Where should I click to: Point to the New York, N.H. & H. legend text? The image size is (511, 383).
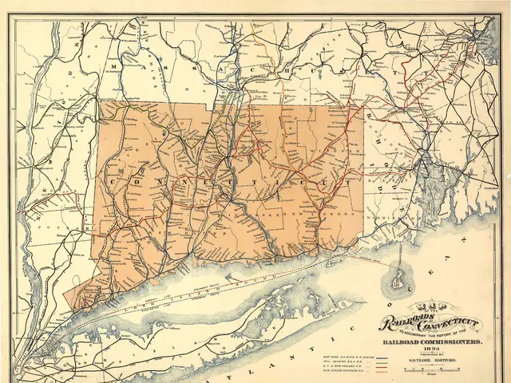351,356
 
